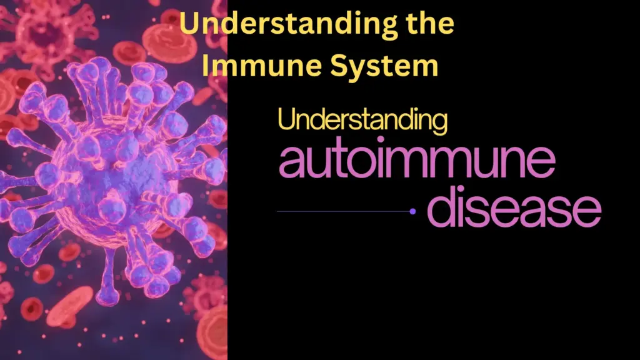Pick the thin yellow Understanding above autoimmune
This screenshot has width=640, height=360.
362,120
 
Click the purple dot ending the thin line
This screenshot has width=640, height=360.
412,211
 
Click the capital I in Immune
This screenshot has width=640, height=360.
212,66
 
